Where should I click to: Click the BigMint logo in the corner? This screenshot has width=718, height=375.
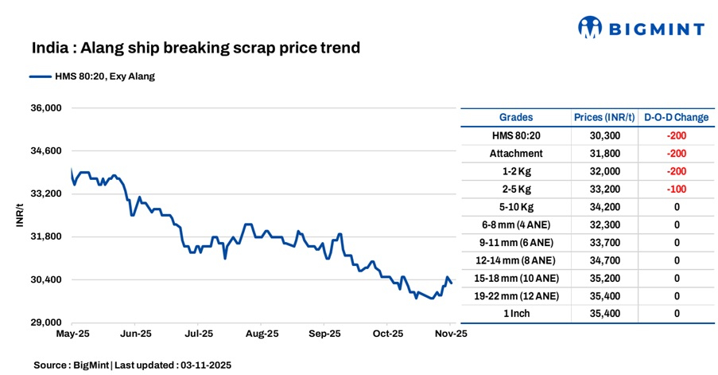[640, 29]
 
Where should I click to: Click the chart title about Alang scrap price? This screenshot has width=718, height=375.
[196, 49]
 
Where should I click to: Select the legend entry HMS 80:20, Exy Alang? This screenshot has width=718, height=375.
[92, 77]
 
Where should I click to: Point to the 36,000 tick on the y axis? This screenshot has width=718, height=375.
[45, 108]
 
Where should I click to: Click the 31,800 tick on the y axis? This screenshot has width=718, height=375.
[45, 236]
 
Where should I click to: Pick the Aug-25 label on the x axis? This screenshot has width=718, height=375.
[262, 334]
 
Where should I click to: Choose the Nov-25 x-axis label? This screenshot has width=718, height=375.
[450, 334]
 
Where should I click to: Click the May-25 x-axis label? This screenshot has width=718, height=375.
[72, 334]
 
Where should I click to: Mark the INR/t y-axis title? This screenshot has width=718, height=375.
[20, 216]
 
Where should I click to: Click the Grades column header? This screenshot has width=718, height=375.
[516, 117]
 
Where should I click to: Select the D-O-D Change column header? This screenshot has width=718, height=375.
[677, 117]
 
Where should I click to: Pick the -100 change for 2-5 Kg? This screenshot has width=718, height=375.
[677, 189]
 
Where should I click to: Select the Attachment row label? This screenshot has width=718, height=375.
[516, 154]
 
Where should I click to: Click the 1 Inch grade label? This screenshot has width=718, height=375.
[516, 314]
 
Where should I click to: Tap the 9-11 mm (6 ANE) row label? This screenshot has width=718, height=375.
[516, 243]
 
